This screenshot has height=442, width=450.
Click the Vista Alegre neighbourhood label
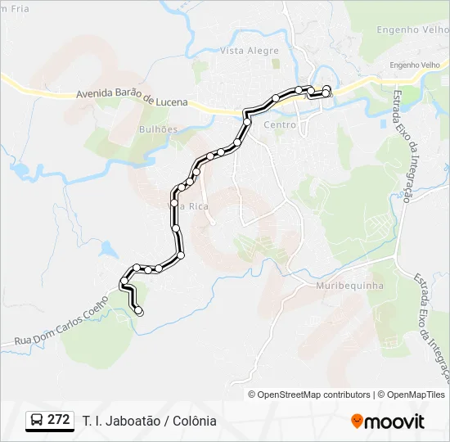click(x=250, y=51)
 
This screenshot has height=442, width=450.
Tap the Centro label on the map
click(x=280, y=124)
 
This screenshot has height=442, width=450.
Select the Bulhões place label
click(x=158, y=129)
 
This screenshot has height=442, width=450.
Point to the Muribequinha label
click(x=349, y=286)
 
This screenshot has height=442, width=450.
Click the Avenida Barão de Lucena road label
click(x=132, y=98)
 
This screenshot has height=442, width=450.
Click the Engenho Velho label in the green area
click(x=410, y=29)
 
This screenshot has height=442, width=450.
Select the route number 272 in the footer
click(x=58, y=420)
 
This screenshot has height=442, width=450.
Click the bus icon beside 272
click(x=38, y=421)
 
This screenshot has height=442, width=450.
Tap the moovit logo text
click(x=394, y=422)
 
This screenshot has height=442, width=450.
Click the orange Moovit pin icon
click(x=358, y=422)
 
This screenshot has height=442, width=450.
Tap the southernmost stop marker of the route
click(x=139, y=311)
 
